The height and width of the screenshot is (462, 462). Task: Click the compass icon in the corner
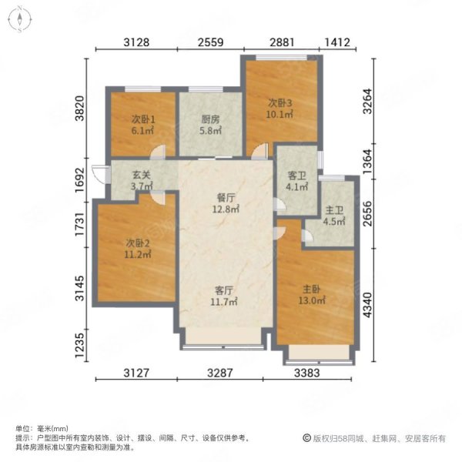(20, 19)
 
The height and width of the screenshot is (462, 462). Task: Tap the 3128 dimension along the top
(136, 42)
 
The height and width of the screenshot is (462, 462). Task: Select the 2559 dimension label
(211, 42)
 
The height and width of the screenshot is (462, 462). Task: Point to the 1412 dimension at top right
(337, 42)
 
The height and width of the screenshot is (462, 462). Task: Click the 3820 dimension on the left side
(79, 108)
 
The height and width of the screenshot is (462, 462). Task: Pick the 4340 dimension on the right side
(367, 305)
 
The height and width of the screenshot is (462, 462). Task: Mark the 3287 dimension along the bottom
(220, 373)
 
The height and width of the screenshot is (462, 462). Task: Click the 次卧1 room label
(143, 119)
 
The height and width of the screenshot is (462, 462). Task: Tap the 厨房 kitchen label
(210, 119)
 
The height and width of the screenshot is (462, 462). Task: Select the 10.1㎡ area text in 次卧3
(280, 114)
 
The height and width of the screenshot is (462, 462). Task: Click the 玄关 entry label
(142, 175)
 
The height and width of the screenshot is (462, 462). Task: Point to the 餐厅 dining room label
(226, 198)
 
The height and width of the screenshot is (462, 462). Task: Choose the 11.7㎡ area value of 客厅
(224, 302)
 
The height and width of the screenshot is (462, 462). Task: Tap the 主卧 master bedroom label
(311, 290)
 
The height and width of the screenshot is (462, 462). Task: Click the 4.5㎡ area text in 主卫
(334, 221)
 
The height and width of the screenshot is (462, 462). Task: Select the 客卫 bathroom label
(296, 176)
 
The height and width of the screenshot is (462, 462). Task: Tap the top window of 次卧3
(282, 58)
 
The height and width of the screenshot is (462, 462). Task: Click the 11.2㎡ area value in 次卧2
(138, 254)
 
